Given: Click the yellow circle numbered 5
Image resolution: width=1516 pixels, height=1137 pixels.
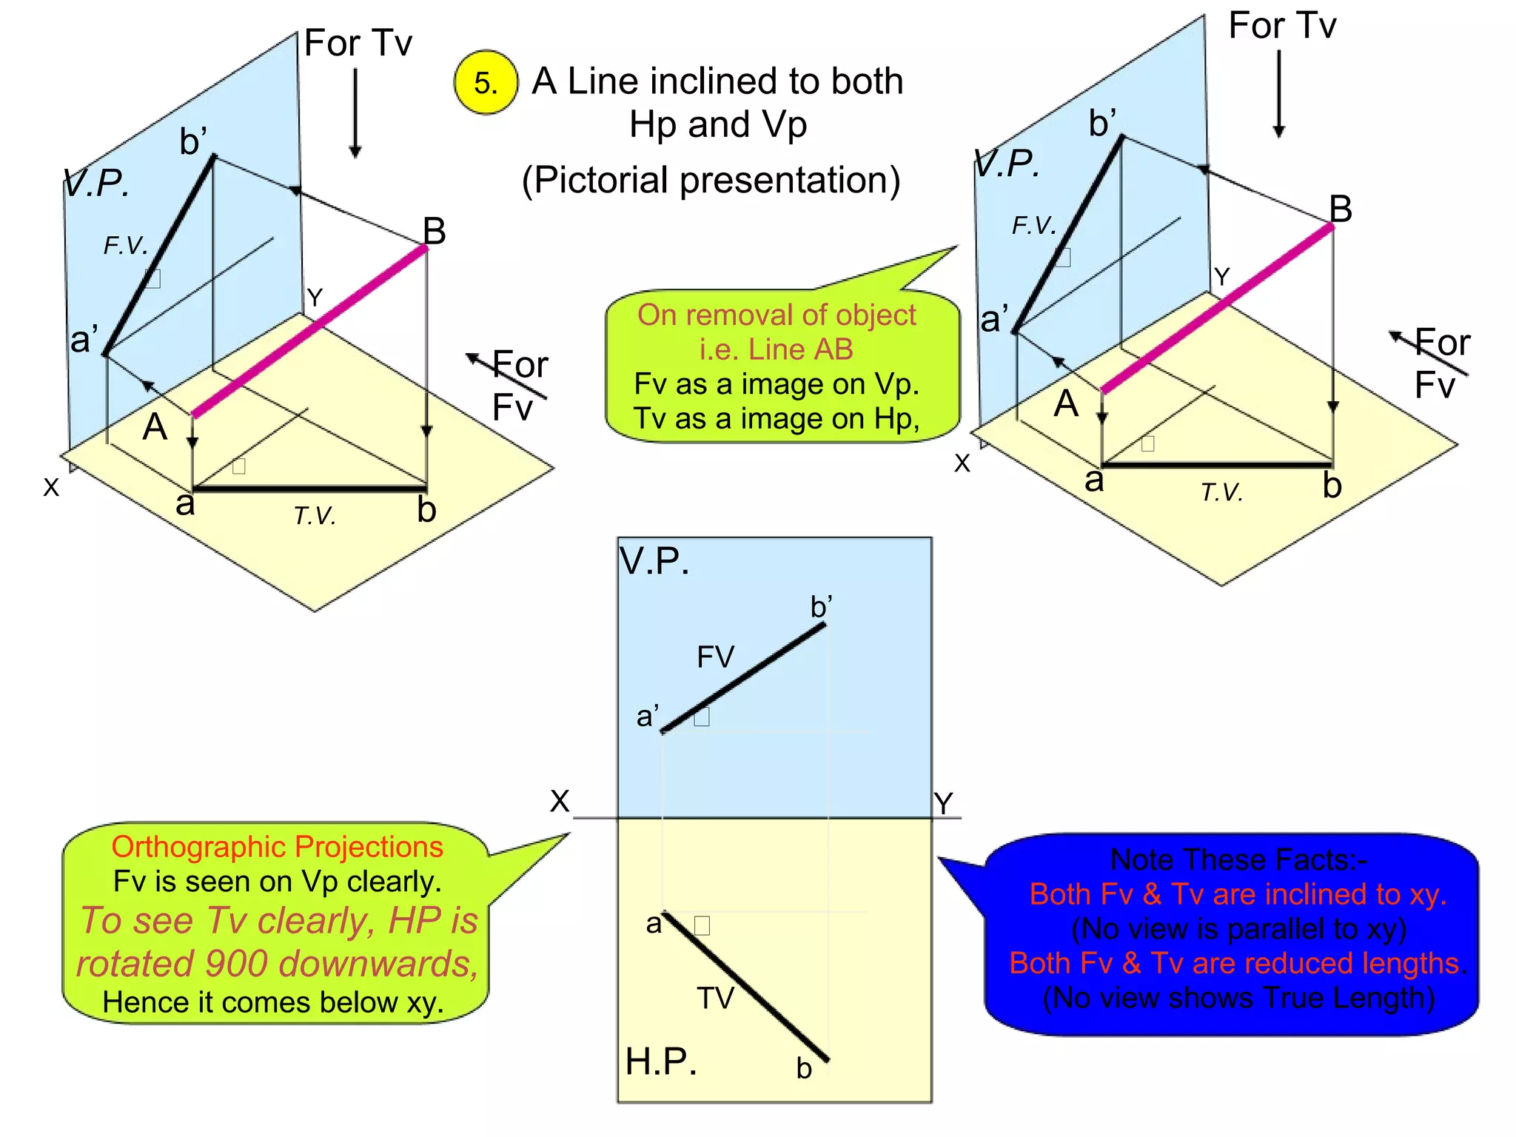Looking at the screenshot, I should click(x=486, y=82).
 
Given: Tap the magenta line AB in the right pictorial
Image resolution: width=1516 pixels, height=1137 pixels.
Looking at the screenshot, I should click(x=1218, y=308).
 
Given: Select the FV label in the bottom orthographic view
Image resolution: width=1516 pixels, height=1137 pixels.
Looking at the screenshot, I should click(x=715, y=657).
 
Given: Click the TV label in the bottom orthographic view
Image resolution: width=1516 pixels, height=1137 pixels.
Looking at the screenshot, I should click(x=715, y=999).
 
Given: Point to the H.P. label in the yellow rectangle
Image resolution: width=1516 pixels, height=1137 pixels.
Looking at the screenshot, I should click(x=660, y=1061).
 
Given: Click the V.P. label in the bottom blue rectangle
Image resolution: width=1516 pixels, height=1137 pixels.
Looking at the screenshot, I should click(x=654, y=561).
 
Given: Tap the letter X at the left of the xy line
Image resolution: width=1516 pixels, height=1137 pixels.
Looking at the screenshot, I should click(x=560, y=801).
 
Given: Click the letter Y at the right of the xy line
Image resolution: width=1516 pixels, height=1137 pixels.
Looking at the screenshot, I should click(x=943, y=804).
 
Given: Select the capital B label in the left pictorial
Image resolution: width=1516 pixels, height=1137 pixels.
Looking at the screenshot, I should click(x=435, y=231).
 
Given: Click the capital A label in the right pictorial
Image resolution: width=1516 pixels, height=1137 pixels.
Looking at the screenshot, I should click(x=1066, y=404).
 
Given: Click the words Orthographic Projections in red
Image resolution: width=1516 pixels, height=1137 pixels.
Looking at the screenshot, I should click(x=277, y=847).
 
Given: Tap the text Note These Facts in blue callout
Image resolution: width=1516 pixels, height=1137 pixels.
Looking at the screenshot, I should click(x=1238, y=860).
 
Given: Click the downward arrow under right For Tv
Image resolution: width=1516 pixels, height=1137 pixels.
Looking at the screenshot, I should click(x=1278, y=93).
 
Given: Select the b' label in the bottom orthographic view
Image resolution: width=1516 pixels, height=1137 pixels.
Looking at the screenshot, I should click(x=821, y=607).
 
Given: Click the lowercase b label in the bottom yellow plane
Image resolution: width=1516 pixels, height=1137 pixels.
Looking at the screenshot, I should click(x=804, y=1068).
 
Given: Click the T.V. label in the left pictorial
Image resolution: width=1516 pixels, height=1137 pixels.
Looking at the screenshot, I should click(x=315, y=516).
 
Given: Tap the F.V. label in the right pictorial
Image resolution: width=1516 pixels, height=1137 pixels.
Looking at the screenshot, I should click(x=1034, y=225).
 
